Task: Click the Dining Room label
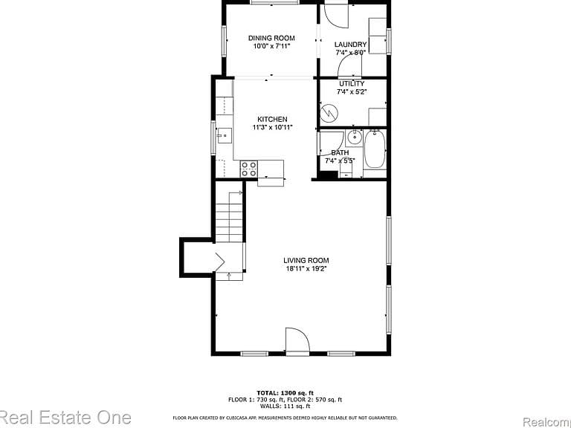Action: pos(271,38)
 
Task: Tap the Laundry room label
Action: pos(350,45)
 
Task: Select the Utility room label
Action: pos(352,84)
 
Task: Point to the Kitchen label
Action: pos(272,119)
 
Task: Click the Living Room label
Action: pos(306,260)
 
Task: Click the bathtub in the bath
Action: pos(375,149)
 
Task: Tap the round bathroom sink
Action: pos(353,137)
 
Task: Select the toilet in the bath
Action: pos(346,169)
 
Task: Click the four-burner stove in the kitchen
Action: pos(249,169)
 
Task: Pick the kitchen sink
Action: pos(225,135)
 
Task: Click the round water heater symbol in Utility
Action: pos(329,114)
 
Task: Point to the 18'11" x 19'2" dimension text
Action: pos(306,269)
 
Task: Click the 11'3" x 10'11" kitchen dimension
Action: pos(272,127)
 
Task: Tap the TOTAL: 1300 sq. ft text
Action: pos(285,393)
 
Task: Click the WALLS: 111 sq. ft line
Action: pos(285,406)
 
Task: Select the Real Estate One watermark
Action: pos(65,418)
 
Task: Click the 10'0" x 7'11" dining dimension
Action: pos(271,46)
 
